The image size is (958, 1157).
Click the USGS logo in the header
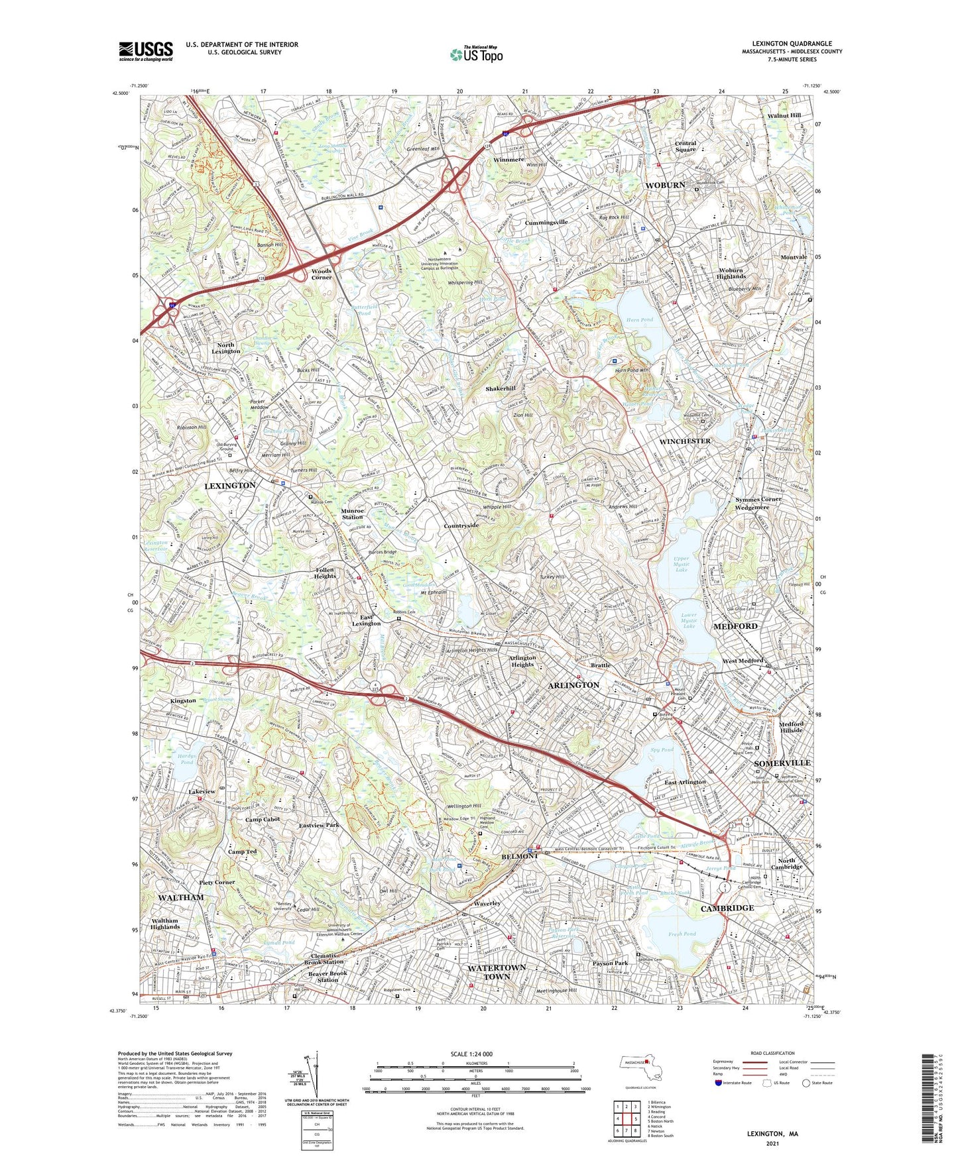146,51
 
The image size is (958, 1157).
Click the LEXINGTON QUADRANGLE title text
792,44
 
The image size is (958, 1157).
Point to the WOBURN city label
665,185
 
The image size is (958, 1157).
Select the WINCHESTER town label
684,441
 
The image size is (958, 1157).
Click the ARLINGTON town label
573,685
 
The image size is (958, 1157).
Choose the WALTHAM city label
181,897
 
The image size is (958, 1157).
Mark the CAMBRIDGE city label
727,908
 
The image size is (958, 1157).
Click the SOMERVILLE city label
782,763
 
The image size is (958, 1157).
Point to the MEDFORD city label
735,626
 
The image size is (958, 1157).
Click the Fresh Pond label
682,934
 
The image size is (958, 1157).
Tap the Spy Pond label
662,749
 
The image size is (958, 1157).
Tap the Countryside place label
461,525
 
